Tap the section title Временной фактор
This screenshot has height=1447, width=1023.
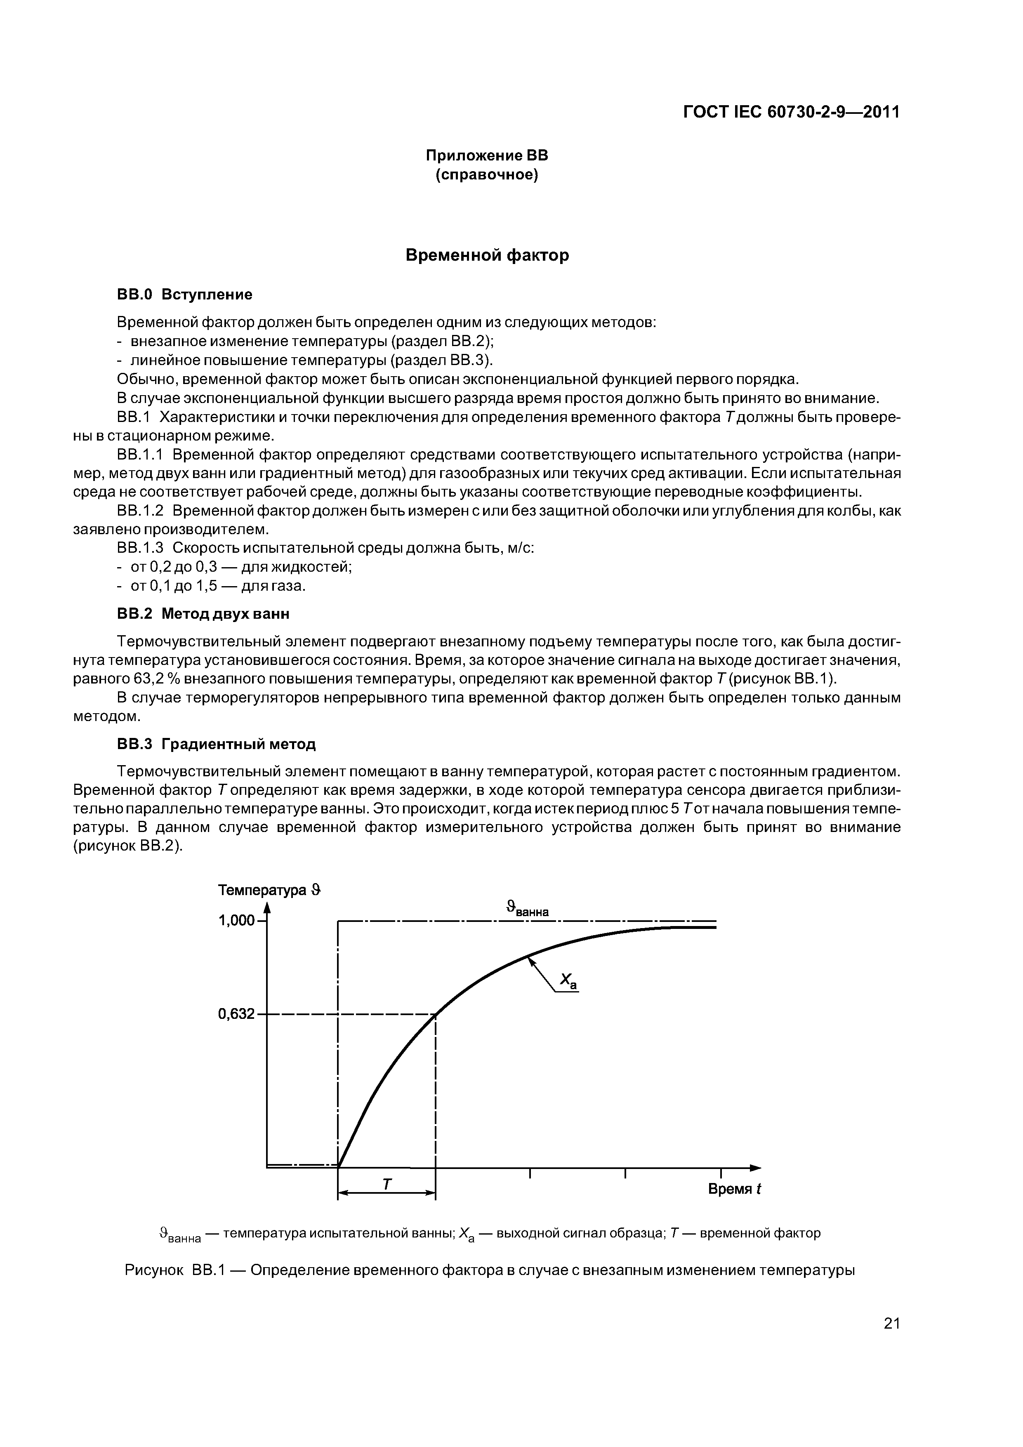(x=487, y=255)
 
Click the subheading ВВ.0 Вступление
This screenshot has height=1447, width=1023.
(x=185, y=295)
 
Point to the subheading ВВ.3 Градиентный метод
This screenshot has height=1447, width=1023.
(x=216, y=744)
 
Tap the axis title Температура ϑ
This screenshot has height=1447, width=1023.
(x=269, y=890)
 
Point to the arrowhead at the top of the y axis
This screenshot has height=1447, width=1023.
(x=267, y=907)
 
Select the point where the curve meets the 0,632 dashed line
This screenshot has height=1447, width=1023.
(x=436, y=1014)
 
